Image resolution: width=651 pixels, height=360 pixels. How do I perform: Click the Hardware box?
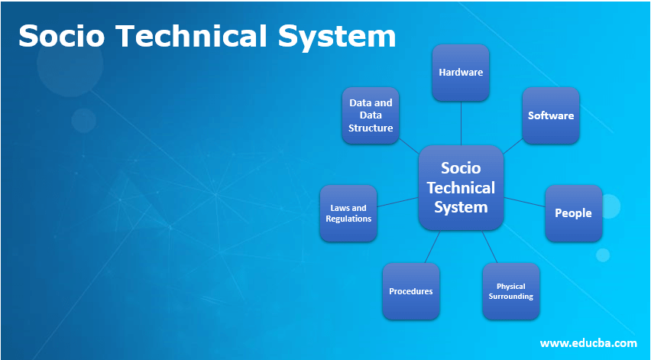click(x=461, y=73)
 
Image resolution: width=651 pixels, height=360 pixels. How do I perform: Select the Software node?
click(x=550, y=115)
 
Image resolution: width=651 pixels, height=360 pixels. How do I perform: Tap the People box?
click(x=573, y=212)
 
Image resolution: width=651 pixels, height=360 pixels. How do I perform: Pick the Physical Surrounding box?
click(x=510, y=291)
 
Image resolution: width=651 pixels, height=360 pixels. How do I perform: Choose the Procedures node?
click(x=411, y=291)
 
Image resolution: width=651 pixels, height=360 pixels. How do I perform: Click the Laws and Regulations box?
click(x=348, y=212)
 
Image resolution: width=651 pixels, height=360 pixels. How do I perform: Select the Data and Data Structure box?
click(x=371, y=115)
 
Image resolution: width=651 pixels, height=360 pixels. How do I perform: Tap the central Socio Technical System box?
click(x=461, y=188)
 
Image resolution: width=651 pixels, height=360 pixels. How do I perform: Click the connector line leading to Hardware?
click(x=461, y=124)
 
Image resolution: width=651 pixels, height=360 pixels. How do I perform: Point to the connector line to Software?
click(x=513, y=145)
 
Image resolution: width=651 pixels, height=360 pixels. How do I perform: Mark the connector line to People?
click(x=524, y=201)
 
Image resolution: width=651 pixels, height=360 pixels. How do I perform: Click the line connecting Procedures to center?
click(x=432, y=246)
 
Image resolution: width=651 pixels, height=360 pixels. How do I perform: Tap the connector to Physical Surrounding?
click(x=490, y=246)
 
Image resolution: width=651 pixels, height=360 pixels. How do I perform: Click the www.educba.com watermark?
click(x=588, y=342)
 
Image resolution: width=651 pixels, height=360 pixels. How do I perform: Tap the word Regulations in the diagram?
click(x=348, y=219)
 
